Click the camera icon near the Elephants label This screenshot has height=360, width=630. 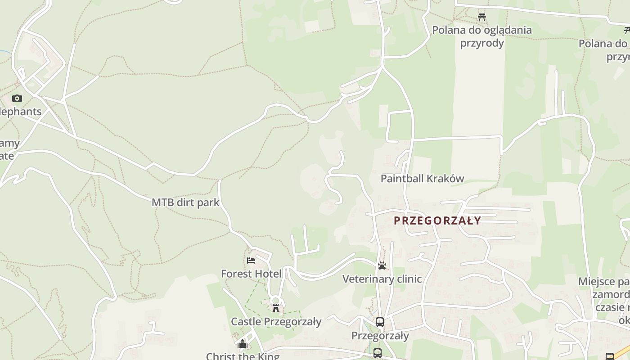17,98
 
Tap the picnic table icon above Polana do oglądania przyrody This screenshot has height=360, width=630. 482,17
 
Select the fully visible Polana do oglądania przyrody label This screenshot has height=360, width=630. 482,36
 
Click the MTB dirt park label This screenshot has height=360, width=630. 185,202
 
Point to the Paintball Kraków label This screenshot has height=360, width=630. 422,179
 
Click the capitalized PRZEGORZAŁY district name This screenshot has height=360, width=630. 437,220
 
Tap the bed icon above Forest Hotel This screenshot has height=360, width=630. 251,260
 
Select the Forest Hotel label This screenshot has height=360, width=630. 251,274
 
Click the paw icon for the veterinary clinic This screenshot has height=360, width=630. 382,265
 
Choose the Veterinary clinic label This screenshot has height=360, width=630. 382,279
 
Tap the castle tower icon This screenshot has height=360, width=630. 276,308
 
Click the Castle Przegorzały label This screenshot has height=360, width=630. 276,322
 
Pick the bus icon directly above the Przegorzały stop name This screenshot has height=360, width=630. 380,322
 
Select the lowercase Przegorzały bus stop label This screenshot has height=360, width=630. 380,336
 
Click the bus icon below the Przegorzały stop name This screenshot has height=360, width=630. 378,353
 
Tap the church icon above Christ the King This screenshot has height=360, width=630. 243,344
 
